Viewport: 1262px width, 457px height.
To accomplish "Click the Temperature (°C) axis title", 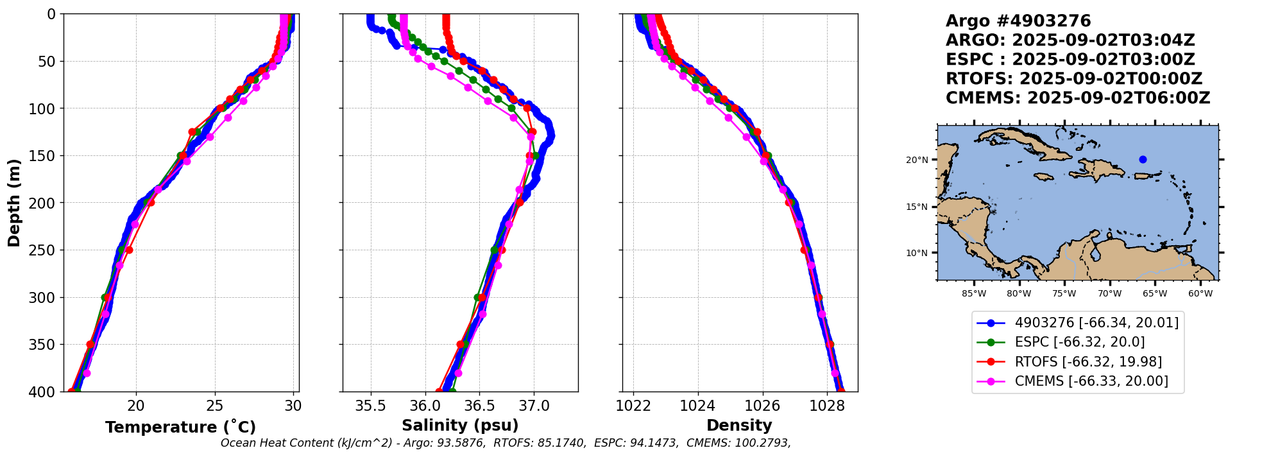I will (x=180, y=427).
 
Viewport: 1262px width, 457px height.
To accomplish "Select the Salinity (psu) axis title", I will (x=460, y=426).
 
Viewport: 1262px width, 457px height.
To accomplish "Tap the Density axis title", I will (x=739, y=426).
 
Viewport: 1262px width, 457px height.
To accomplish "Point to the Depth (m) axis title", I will (x=14, y=202).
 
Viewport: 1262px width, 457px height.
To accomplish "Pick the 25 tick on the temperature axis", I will (x=215, y=406).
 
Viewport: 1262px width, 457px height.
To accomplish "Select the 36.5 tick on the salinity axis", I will (x=479, y=406).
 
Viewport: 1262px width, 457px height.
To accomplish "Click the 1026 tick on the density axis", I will (x=763, y=406).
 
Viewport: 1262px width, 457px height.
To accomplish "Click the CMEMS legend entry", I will (x=1091, y=381).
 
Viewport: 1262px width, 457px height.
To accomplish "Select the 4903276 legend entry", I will (x=1096, y=323).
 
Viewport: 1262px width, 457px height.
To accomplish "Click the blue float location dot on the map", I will (x=1143, y=159).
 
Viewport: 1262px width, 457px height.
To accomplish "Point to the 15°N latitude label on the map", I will (x=917, y=207).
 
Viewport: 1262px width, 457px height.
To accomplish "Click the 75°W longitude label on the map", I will (x=1064, y=294).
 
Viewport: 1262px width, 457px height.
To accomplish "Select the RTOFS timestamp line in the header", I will (x=1074, y=79).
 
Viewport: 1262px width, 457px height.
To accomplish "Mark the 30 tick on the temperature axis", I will (x=293, y=406).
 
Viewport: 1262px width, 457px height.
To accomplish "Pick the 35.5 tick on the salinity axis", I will (x=370, y=406).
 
